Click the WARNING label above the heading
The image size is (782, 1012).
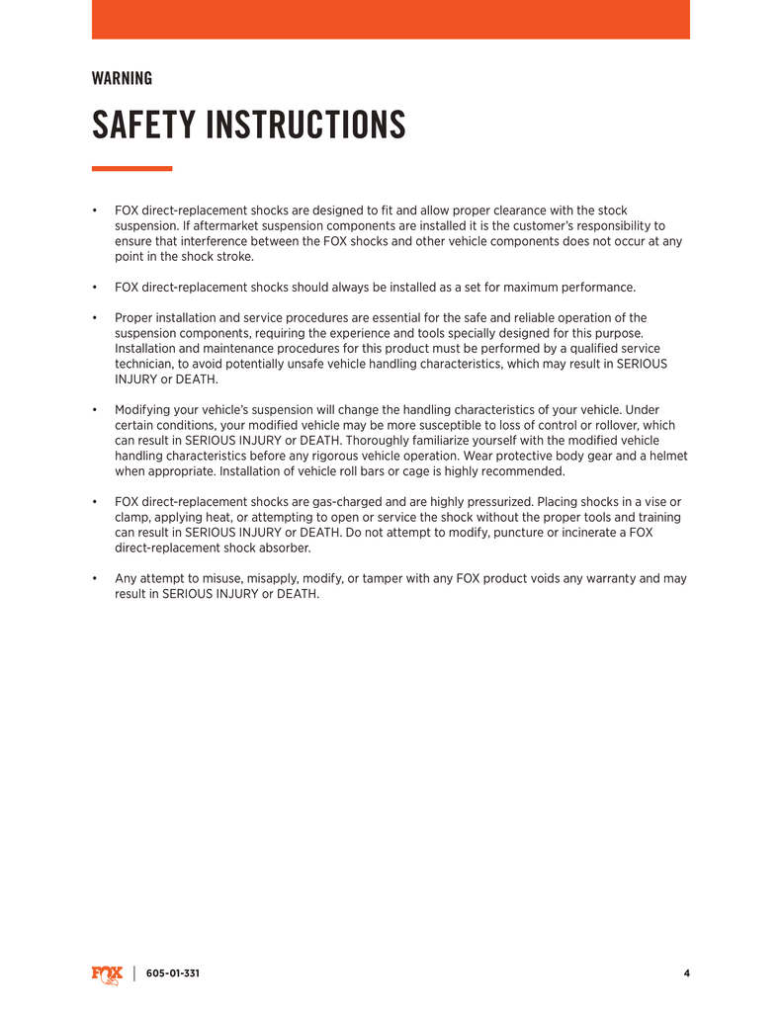tap(122, 78)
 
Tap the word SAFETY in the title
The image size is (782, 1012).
tap(142, 126)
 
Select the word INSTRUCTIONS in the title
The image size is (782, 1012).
tap(305, 126)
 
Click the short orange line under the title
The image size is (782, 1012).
tap(131, 169)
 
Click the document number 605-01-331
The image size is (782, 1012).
tap(173, 973)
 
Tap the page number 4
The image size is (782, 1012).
tap(686, 973)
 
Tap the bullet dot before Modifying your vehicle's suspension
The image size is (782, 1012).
tap(94, 410)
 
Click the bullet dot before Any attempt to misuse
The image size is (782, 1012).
tap(94, 578)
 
